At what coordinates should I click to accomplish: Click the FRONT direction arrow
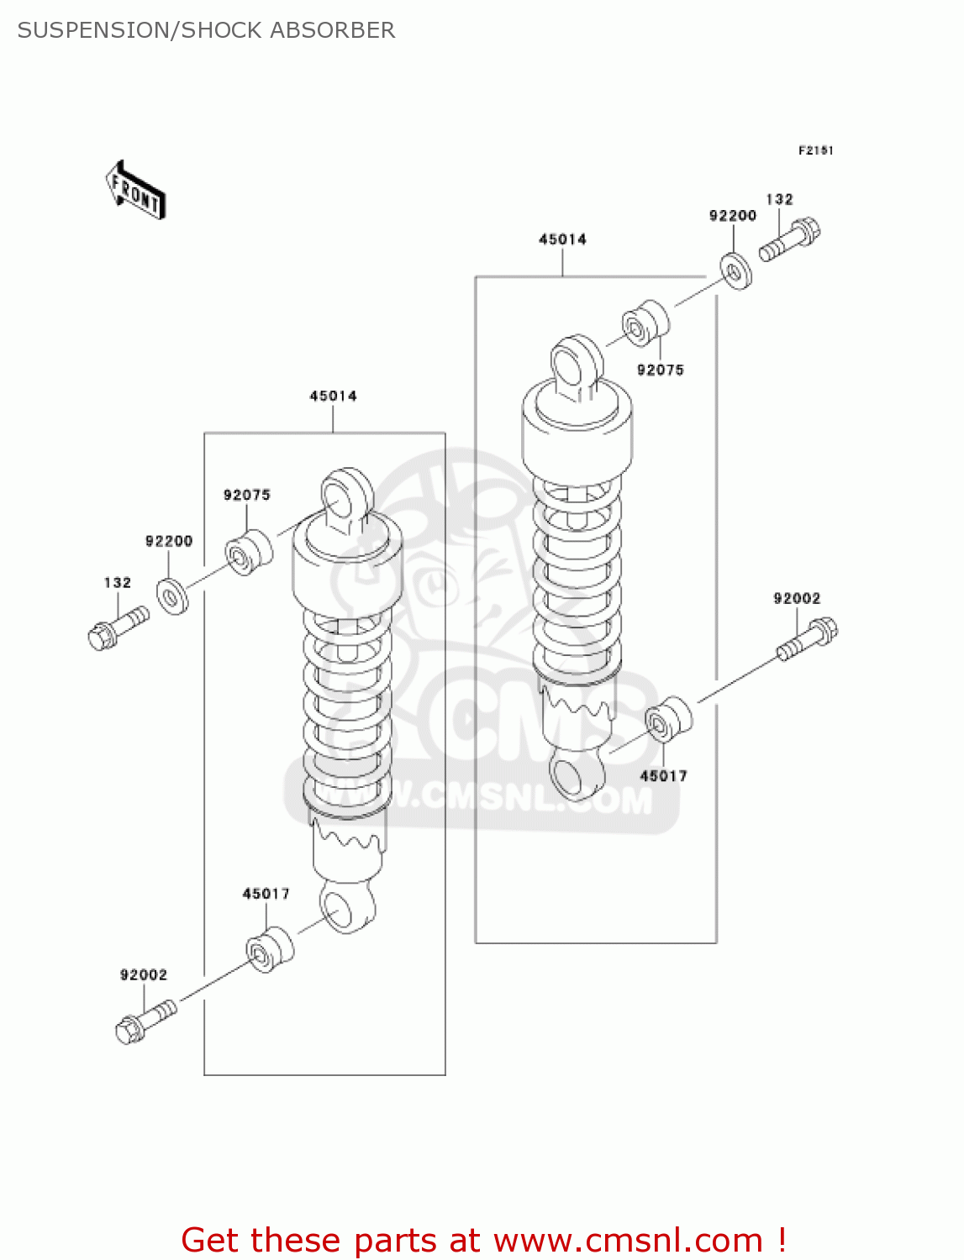134,191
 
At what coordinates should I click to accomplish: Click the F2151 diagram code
815,150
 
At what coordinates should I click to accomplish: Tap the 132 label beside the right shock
779,199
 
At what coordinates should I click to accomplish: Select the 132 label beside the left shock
118,582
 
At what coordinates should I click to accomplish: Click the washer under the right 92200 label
735,270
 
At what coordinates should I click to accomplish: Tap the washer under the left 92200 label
173,596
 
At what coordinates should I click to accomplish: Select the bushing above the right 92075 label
645,323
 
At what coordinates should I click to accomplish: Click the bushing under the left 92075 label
249,552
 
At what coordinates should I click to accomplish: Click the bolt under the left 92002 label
145,1020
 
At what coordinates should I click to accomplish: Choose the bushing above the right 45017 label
668,720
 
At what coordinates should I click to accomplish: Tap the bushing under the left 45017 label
270,950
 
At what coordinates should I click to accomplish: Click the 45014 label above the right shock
562,239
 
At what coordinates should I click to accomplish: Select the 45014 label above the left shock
333,396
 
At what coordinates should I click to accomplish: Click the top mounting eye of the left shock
346,496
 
